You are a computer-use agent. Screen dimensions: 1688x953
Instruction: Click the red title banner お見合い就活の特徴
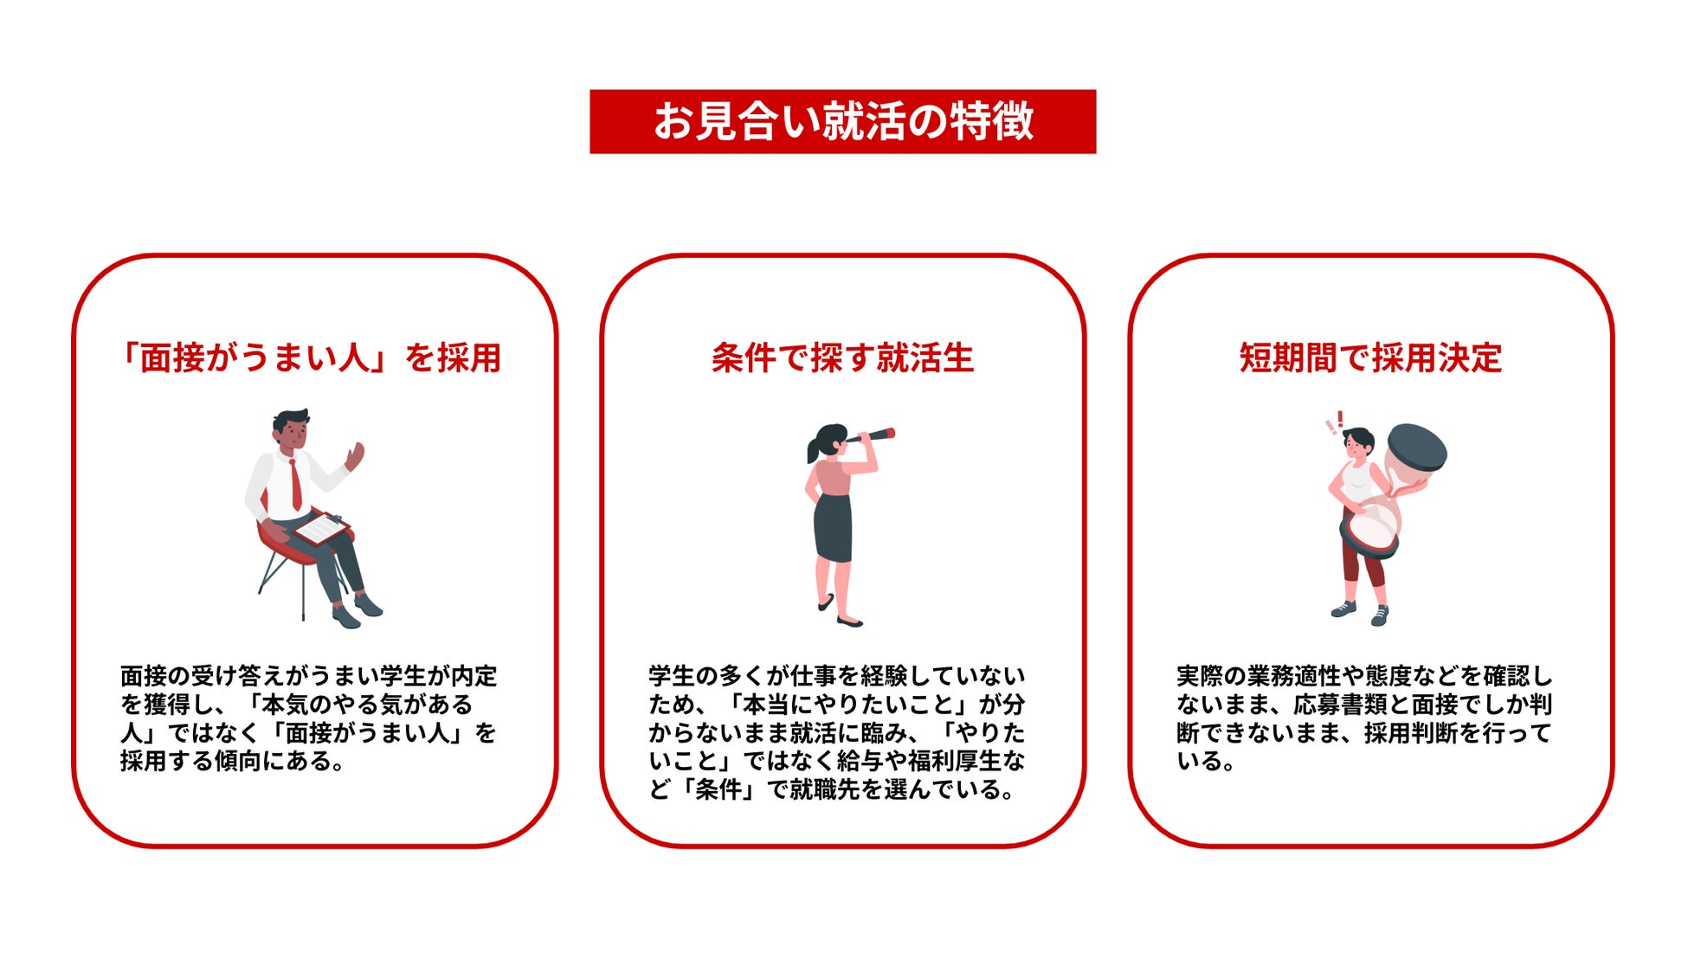pyautogui.click(x=842, y=121)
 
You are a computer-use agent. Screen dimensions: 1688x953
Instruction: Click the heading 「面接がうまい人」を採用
pyautogui.click(x=311, y=357)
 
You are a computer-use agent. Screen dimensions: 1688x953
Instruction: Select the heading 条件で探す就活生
pyautogui.click(x=842, y=357)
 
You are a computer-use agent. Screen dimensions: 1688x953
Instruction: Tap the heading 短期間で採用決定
pyautogui.click(x=1370, y=357)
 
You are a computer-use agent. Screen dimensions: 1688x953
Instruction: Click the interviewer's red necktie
pyautogui.click(x=296, y=484)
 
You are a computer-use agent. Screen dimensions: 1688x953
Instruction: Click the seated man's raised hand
pyautogui.click(x=354, y=456)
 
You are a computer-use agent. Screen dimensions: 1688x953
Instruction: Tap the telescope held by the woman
pyautogui.click(x=871, y=435)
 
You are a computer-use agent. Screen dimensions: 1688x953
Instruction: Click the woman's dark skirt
pyautogui.click(x=833, y=528)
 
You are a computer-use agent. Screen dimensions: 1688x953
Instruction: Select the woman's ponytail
pyautogui.click(x=813, y=448)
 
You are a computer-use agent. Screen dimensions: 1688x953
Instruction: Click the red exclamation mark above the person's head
pyautogui.click(x=1340, y=420)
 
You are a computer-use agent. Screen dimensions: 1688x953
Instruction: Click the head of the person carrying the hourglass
pyautogui.click(x=1357, y=443)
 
